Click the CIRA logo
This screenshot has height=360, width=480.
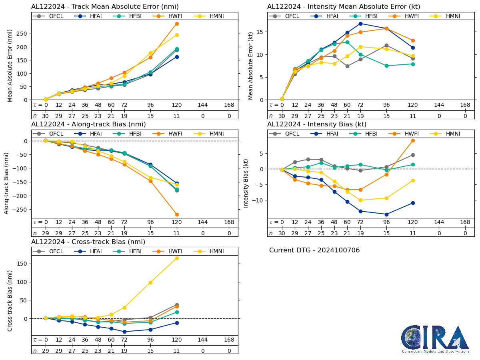435,339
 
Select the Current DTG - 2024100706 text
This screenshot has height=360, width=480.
314,250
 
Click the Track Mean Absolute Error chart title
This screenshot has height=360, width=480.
105,7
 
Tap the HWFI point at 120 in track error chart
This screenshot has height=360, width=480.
177,24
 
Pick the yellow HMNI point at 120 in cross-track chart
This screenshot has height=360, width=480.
177,258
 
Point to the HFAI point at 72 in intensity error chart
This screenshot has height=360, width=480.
360,24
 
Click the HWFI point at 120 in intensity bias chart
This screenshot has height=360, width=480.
413,140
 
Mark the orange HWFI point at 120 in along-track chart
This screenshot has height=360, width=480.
177,214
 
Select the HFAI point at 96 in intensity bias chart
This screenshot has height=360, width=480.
386,214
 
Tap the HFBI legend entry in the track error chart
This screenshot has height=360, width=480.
128,16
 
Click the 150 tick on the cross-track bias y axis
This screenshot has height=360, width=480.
24,264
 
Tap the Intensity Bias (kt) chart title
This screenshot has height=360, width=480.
317,124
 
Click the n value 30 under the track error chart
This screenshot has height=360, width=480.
46,116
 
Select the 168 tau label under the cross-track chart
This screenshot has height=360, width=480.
229,340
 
